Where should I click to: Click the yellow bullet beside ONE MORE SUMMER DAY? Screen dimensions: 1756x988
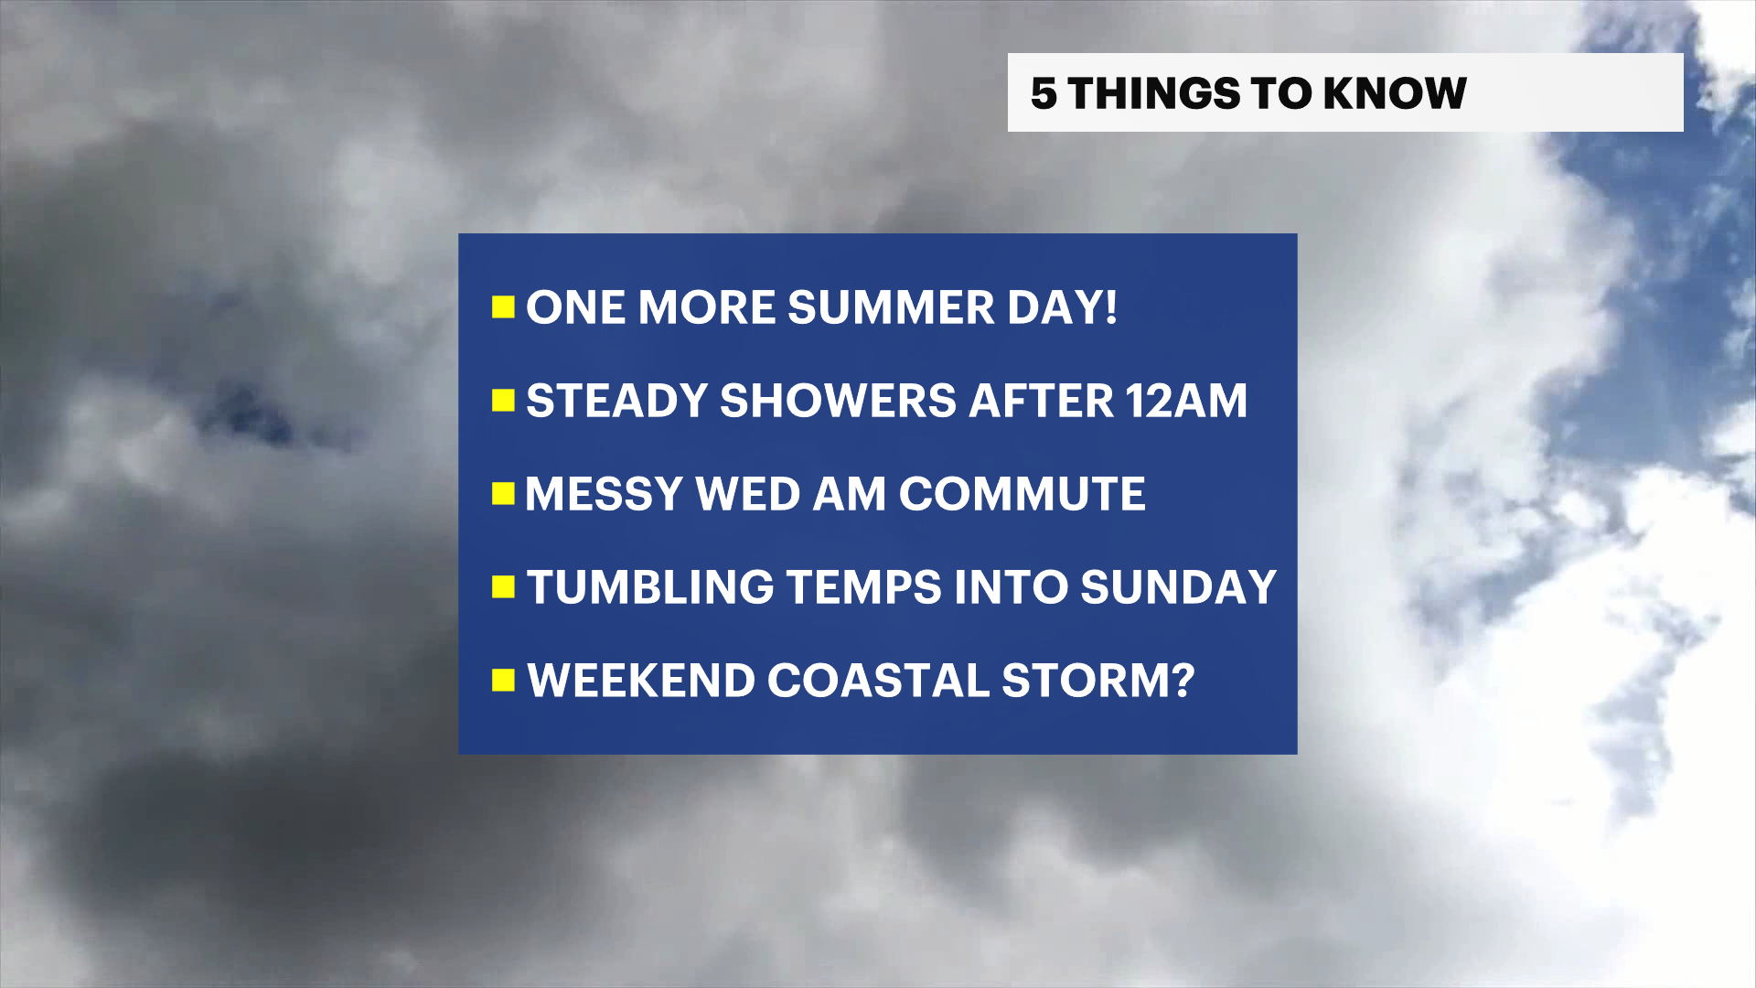click(503, 307)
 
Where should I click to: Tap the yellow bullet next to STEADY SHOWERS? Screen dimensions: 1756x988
click(503, 401)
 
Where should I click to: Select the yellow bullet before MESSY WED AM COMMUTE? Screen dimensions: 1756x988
click(503, 494)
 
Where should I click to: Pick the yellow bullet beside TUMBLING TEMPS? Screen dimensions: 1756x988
click(503, 587)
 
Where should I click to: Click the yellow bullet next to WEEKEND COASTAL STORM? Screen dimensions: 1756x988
click(503, 681)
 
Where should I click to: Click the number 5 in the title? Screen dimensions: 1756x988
click(1044, 93)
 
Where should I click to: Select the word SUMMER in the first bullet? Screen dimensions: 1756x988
click(891, 307)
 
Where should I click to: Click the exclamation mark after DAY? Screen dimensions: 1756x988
click(1110, 307)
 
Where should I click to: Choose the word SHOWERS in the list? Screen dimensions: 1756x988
click(838, 401)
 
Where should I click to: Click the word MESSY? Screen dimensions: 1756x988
click(604, 494)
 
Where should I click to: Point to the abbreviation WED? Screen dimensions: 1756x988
click(748, 494)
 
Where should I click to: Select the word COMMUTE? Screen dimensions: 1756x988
click(1022, 494)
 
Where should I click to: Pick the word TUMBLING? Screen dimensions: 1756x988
click(650, 587)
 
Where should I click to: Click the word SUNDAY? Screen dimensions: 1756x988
click(1178, 587)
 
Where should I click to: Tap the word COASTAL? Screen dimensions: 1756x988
click(878, 681)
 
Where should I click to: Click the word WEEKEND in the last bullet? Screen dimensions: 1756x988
click(641, 681)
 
